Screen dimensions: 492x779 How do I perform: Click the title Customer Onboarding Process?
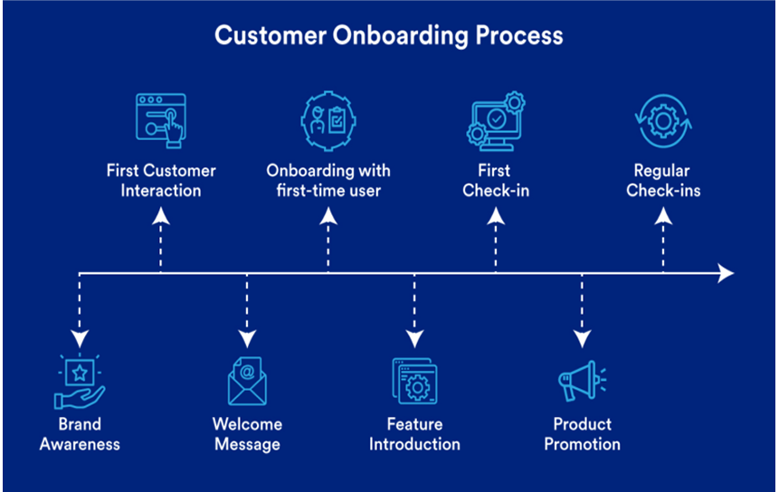tap(389, 36)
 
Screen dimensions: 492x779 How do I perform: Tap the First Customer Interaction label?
tap(161, 180)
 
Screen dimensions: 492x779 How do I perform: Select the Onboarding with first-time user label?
tap(328, 180)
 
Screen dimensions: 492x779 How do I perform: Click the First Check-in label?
tap(496, 180)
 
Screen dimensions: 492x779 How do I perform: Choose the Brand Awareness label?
tap(80, 433)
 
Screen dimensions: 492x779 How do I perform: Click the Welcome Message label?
tap(247, 433)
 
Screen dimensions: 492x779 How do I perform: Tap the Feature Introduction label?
tap(414, 433)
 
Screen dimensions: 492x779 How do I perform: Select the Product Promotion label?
tap(582, 433)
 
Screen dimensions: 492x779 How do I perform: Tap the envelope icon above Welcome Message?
tap(247, 381)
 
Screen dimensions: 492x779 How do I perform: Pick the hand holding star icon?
tap(80, 381)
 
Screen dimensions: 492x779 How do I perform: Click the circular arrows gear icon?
tap(663, 122)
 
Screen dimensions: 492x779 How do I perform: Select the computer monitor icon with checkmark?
tap(495, 122)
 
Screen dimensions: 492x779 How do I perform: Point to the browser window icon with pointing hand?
tap(161, 118)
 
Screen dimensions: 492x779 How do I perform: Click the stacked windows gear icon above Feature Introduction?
tap(414, 381)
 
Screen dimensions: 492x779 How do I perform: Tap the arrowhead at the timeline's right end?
tap(726, 272)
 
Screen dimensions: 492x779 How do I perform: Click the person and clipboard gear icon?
tap(328, 120)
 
